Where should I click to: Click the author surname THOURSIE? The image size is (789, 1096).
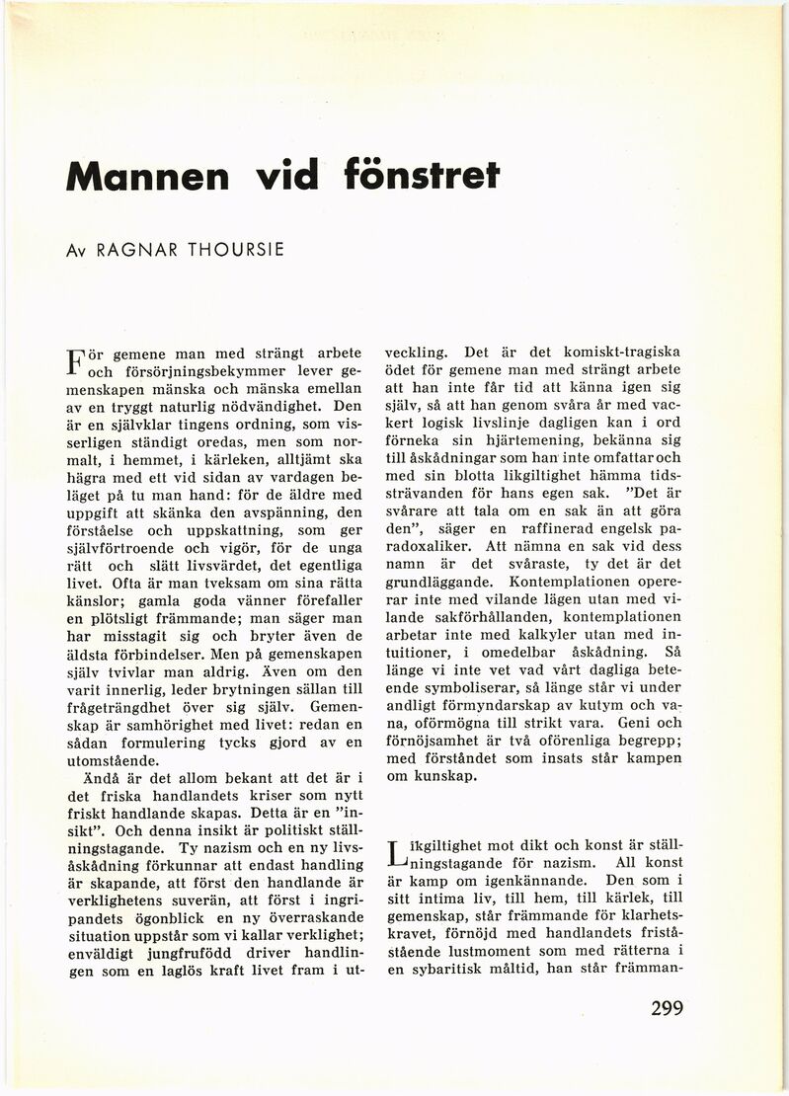pos(229,249)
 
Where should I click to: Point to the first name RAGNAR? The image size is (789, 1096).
pos(130,249)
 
